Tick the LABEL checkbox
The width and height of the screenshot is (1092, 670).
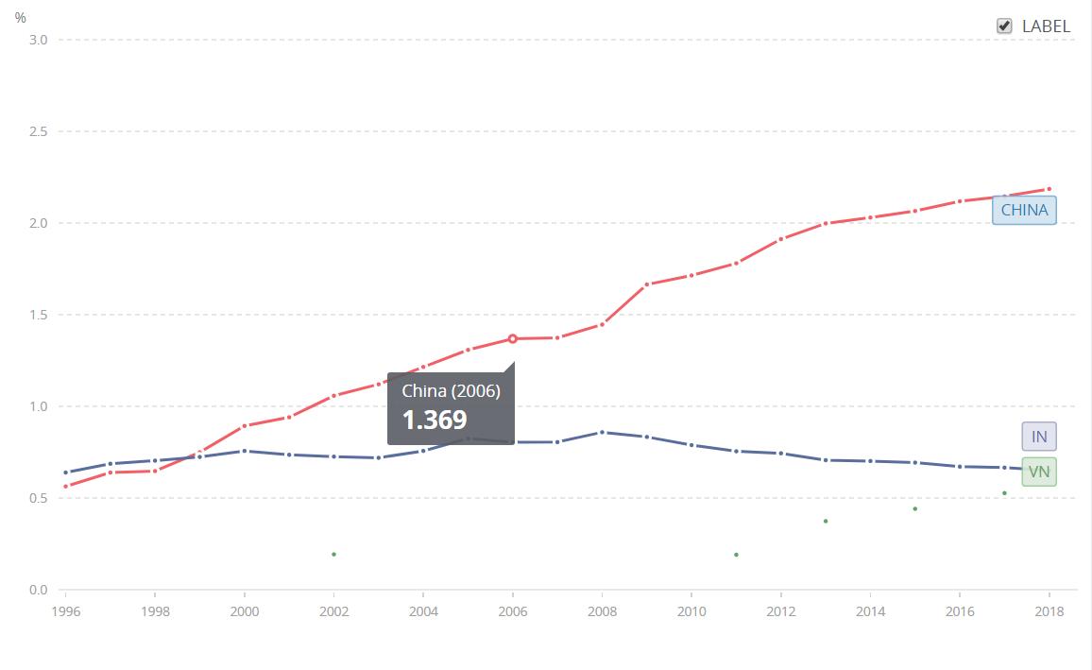pos(1004,26)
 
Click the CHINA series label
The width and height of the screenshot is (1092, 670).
pos(1024,210)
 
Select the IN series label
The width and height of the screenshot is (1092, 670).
pos(1039,436)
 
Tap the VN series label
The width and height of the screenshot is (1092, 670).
pos(1039,472)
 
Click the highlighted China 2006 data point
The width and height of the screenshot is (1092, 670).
pos(513,338)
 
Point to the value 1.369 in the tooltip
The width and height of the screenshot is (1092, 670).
pos(435,420)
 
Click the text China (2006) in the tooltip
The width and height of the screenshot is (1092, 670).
pos(451,391)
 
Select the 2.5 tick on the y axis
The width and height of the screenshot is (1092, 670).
pos(38,131)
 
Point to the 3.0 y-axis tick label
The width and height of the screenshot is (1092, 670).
pos(38,40)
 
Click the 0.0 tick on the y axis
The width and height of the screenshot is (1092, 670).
pos(38,590)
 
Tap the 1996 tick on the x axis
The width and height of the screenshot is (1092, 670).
pos(65,611)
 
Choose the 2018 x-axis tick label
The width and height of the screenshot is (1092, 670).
pos(1049,611)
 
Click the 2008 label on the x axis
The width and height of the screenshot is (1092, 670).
pos(602,611)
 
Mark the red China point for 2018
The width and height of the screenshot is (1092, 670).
pos(1049,189)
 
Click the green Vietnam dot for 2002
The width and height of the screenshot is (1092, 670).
pos(333,554)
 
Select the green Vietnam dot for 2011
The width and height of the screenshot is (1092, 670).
pos(736,555)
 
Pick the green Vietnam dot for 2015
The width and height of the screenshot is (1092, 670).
pos(914,508)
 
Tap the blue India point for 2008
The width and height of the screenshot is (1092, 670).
pos(602,432)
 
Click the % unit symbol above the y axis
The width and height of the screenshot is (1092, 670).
pos(21,17)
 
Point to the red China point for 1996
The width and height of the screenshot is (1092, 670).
pos(65,487)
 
